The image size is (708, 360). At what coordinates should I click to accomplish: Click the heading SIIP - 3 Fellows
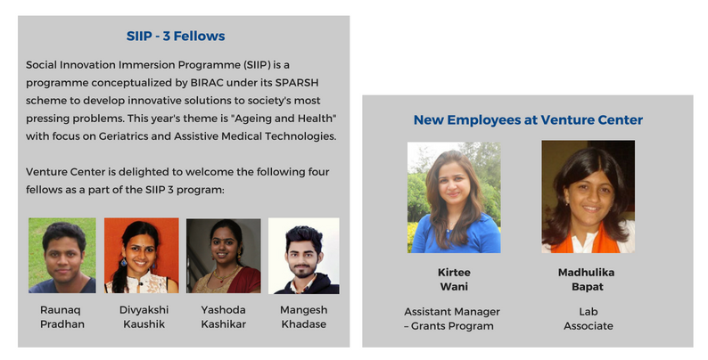coord(176,37)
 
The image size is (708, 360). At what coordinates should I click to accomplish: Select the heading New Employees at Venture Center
coord(528,120)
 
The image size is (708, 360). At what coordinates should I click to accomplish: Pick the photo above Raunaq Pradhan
coord(62,256)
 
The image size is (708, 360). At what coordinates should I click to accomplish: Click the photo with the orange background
coord(142,256)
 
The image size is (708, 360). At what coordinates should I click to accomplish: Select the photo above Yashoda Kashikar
coord(224,256)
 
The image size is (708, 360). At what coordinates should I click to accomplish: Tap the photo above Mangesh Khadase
coord(304,256)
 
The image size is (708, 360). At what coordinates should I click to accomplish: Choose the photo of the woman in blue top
coord(454,198)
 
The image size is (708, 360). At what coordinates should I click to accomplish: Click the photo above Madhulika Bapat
coord(588,197)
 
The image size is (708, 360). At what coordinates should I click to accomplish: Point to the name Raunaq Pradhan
coord(62,317)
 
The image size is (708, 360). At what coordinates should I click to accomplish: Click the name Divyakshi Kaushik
coord(144,317)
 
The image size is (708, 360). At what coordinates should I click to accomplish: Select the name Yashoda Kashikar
coord(224,317)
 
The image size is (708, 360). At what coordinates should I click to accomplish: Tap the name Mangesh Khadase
coord(304,317)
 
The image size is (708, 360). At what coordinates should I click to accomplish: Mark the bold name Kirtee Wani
coord(454,280)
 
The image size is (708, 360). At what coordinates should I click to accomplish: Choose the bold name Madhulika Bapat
coord(587,280)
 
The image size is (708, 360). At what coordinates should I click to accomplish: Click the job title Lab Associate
coord(589,319)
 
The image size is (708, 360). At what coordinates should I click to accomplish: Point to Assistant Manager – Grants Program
coord(452,319)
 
